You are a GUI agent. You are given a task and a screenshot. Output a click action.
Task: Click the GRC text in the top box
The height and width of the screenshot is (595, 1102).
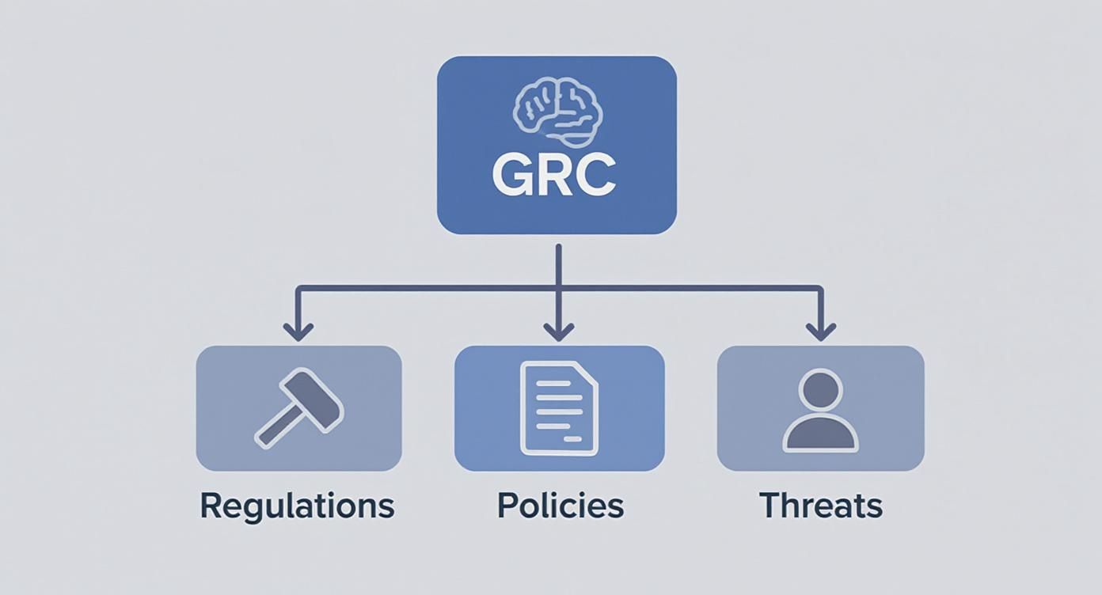coord(554,176)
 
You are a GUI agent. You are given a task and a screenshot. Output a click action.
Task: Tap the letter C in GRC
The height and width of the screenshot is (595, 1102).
coord(595,176)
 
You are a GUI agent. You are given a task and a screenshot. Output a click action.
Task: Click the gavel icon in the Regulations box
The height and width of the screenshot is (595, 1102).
coord(298,407)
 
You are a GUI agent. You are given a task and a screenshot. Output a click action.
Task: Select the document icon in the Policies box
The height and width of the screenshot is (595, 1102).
coord(558,407)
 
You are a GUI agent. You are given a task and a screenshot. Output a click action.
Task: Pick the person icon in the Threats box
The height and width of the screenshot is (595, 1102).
coord(820,410)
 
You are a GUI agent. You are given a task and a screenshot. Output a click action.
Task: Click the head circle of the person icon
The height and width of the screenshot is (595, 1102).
coord(820,389)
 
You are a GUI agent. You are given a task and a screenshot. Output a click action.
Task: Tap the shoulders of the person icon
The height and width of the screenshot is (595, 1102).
coord(820,436)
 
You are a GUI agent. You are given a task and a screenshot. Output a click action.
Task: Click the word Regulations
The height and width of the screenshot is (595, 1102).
coord(297,506)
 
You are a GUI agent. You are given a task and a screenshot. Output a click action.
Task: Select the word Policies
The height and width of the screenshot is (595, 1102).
coord(560,506)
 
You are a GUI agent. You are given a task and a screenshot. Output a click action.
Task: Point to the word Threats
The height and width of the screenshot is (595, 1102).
coord(821,506)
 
